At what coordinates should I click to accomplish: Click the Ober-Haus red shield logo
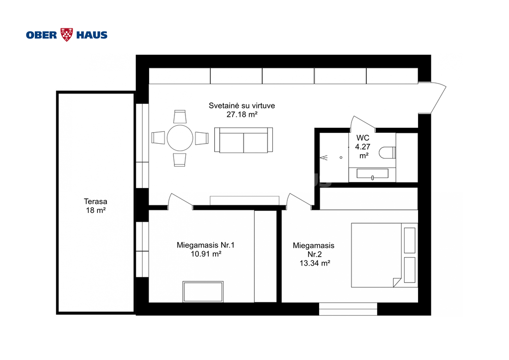tap(67, 35)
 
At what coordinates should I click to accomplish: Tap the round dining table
tap(180, 138)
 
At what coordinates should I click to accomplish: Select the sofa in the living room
tap(244, 140)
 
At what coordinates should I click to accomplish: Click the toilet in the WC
tap(387, 153)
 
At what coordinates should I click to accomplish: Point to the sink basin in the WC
tap(372, 174)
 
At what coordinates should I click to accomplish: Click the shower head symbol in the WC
tap(324, 158)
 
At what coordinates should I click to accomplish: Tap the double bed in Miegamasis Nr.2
tap(384, 255)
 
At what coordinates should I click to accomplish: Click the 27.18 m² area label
tap(242, 114)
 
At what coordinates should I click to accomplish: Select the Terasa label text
tap(95, 201)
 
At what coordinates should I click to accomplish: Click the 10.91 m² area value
tap(206, 254)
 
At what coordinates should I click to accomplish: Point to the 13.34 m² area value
tap(315, 263)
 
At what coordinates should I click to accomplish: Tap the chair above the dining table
tap(180, 117)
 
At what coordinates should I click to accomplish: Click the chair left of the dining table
tap(159, 138)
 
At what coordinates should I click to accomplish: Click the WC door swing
tap(362, 124)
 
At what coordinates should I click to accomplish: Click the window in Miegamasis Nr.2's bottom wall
tap(348, 309)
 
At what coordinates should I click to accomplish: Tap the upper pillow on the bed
tap(410, 240)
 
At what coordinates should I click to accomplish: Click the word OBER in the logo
tap(42, 35)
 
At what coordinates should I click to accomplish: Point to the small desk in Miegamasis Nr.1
tap(203, 292)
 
